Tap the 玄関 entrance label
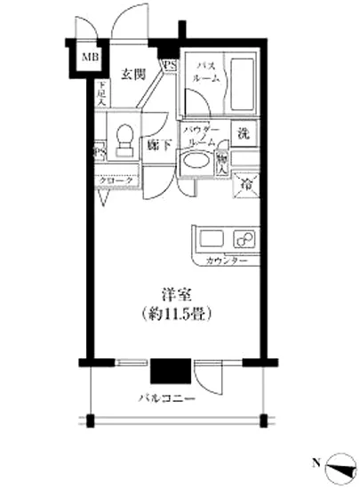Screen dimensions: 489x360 [x=133, y=74]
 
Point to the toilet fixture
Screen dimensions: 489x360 [x=124, y=138]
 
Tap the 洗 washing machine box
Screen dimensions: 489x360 [x=243, y=136]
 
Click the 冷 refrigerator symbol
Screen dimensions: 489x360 [x=244, y=184]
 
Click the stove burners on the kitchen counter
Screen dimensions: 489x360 [x=242, y=239]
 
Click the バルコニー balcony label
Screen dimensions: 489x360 [x=166, y=399]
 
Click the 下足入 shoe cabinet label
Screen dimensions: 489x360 [x=102, y=92]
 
